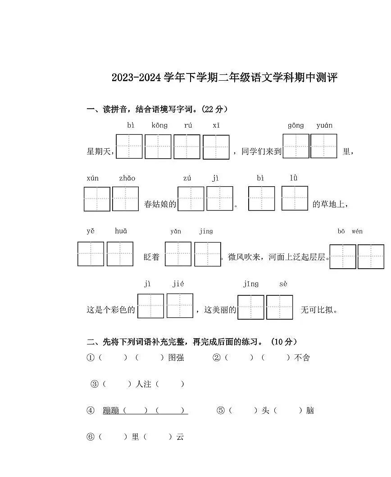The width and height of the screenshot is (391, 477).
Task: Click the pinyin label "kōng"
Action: (159, 125)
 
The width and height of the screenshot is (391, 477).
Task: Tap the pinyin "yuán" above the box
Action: (324, 125)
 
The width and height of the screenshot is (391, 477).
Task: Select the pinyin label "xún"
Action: (92, 178)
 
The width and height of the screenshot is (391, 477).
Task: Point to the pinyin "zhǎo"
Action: (127, 178)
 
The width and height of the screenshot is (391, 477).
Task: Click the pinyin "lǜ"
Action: (294, 178)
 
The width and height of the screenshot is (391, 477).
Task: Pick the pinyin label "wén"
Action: (357, 231)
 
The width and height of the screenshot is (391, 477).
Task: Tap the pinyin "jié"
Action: (178, 284)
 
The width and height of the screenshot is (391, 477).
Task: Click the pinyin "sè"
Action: (283, 284)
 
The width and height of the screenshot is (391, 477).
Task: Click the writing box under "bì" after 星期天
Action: (129, 147)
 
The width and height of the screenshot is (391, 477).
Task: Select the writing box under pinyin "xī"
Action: (216, 147)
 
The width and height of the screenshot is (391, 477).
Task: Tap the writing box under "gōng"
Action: (296, 146)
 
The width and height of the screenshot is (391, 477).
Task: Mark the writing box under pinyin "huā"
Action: (120, 254)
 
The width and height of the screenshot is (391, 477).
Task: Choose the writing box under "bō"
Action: (343, 257)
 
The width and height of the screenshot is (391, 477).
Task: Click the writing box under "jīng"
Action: (251, 307)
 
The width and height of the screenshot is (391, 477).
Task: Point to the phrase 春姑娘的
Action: (160, 204)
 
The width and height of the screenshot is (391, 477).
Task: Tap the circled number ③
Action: (95, 384)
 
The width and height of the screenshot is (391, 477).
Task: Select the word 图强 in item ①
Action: (176, 358)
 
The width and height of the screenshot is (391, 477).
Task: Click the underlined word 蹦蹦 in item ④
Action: (111, 411)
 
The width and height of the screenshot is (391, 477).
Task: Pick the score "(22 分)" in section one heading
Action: (214, 109)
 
